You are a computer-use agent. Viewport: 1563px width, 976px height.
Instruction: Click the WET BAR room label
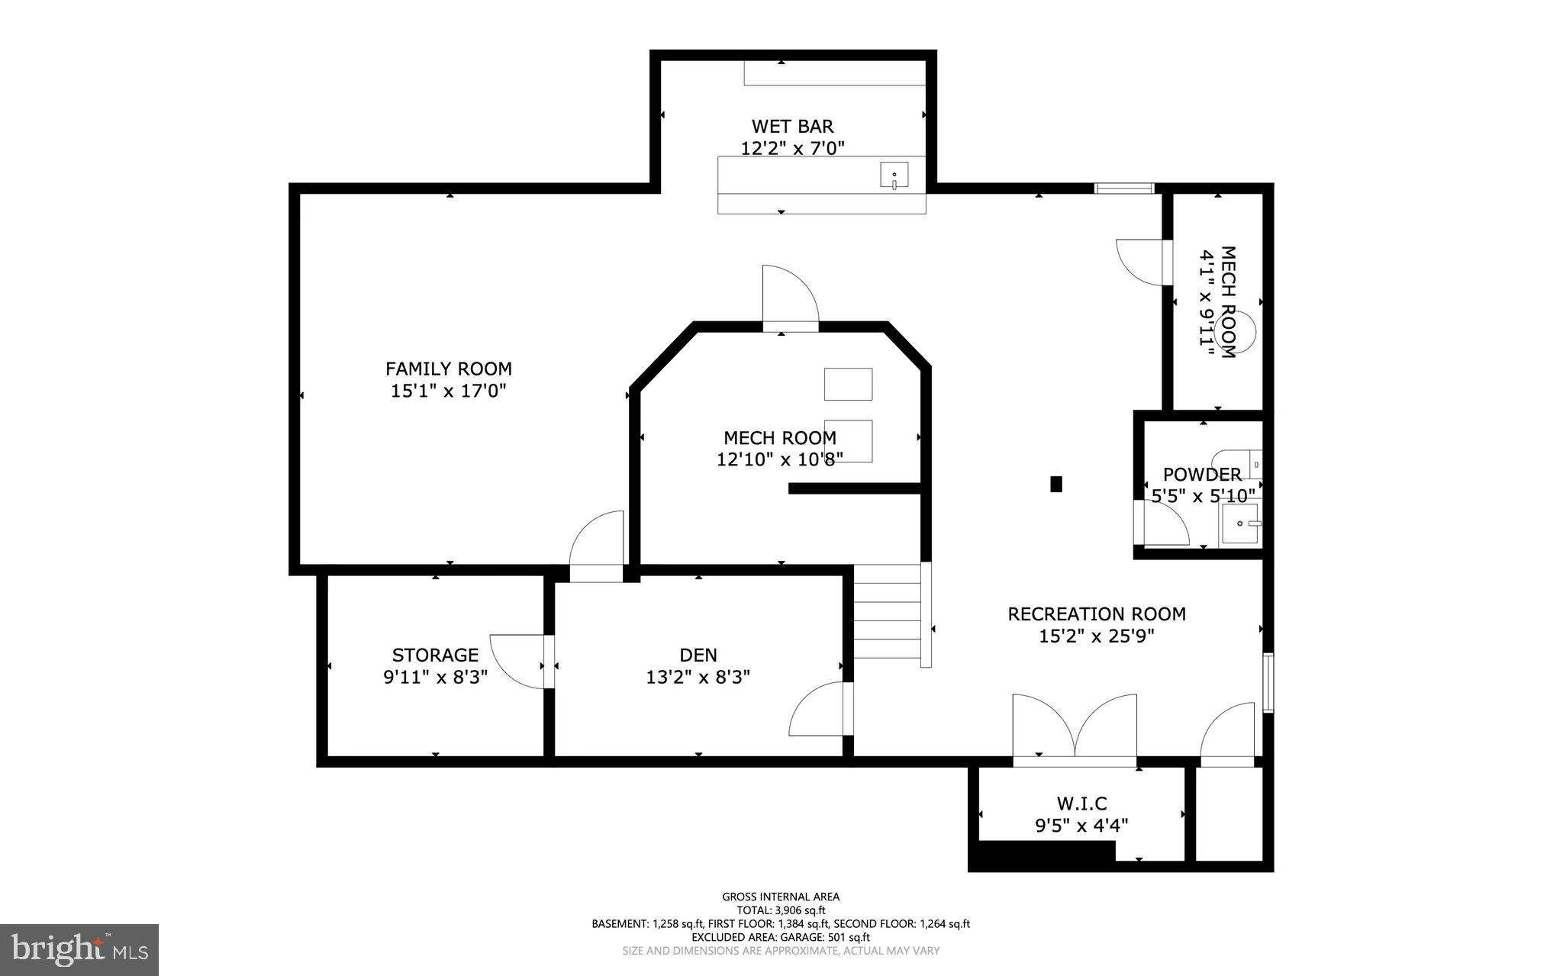(792, 126)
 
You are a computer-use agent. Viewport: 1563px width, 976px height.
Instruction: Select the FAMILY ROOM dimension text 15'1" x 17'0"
(449, 391)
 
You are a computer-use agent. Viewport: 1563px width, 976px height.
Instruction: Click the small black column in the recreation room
(1056, 484)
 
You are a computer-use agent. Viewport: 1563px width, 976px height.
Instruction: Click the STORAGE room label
(435, 655)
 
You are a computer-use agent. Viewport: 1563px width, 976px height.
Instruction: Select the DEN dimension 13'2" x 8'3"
(698, 677)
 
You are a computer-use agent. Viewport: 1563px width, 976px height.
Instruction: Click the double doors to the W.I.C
(1074, 729)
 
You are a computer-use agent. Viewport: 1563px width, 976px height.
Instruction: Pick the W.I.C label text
(1081, 803)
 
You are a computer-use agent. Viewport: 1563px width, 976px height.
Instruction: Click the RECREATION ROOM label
(1096, 614)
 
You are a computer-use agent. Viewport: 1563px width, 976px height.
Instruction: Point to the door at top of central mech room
(790, 299)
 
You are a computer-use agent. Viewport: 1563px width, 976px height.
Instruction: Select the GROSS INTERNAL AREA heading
(781, 897)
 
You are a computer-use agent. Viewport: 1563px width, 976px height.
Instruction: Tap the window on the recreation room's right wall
(1268, 682)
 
